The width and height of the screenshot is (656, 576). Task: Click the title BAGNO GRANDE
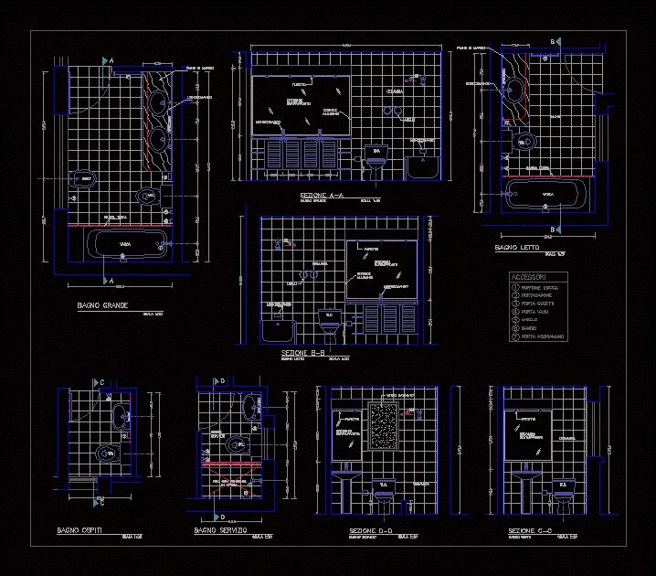coord(102,305)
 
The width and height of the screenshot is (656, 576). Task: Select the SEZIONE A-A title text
coord(322,196)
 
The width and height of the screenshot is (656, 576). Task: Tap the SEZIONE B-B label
coord(305,352)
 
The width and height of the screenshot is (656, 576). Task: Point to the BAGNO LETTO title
coord(517,248)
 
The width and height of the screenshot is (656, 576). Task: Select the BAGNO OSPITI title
coord(79,530)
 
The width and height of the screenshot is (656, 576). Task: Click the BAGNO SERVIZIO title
coord(220,530)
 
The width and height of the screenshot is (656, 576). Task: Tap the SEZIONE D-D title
coord(371,530)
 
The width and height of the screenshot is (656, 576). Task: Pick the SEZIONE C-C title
coord(530,530)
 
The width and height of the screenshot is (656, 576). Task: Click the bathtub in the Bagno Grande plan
coord(125,244)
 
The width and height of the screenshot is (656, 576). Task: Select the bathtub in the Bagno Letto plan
coord(547,194)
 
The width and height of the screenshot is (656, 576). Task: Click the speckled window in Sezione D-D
coord(383,426)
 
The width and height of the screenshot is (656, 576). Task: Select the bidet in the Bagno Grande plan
coord(83,178)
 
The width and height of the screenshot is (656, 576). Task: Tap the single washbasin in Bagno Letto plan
coord(514,90)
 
